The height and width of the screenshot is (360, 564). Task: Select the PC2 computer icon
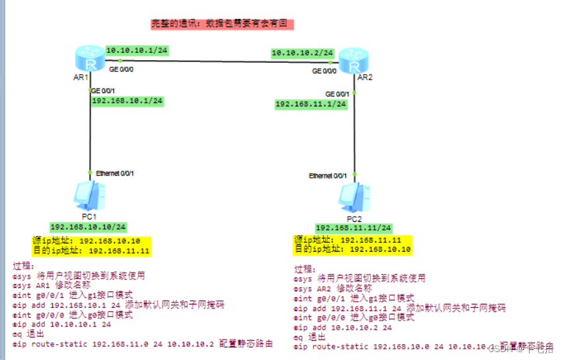pos(353,197)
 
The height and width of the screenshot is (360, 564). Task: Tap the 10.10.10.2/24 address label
pos(302,52)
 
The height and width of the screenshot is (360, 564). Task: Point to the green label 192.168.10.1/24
pos(127,101)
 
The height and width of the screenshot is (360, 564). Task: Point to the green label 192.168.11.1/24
pos(311,104)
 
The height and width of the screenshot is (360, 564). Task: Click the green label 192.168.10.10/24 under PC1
pos(88,227)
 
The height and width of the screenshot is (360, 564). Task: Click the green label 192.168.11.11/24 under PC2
pos(353,227)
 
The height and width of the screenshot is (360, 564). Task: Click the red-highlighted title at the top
pos(221,23)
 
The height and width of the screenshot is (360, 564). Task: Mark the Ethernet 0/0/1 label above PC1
pos(115,173)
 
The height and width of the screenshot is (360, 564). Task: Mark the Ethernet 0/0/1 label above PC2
pos(328,176)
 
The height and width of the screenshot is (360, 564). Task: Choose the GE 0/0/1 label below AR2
pos(338,94)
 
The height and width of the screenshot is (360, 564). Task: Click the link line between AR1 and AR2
pos(218,61)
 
